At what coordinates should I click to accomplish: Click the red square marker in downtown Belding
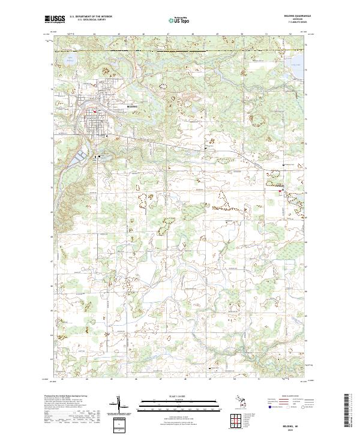tap(94, 111)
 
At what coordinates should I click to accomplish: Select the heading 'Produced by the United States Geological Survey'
tap(65, 397)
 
